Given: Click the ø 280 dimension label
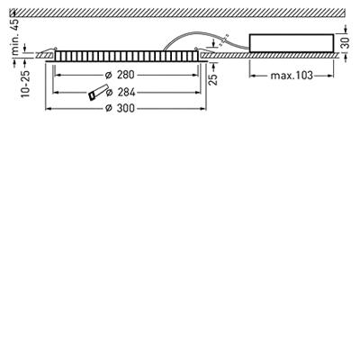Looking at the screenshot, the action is (x=120, y=75).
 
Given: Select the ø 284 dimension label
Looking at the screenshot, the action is (x=121, y=93).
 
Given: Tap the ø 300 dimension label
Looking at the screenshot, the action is (x=120, y=108).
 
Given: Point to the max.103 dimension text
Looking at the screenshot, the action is (x=292, y=76).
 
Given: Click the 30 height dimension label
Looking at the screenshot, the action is (x=346, y=42).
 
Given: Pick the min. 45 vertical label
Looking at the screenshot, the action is (x=15, y=37).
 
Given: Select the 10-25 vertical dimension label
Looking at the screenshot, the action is (x=26, y=84).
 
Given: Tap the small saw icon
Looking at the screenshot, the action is (x=97, y=93).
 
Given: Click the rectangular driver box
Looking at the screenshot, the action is (x=292, y=43).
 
